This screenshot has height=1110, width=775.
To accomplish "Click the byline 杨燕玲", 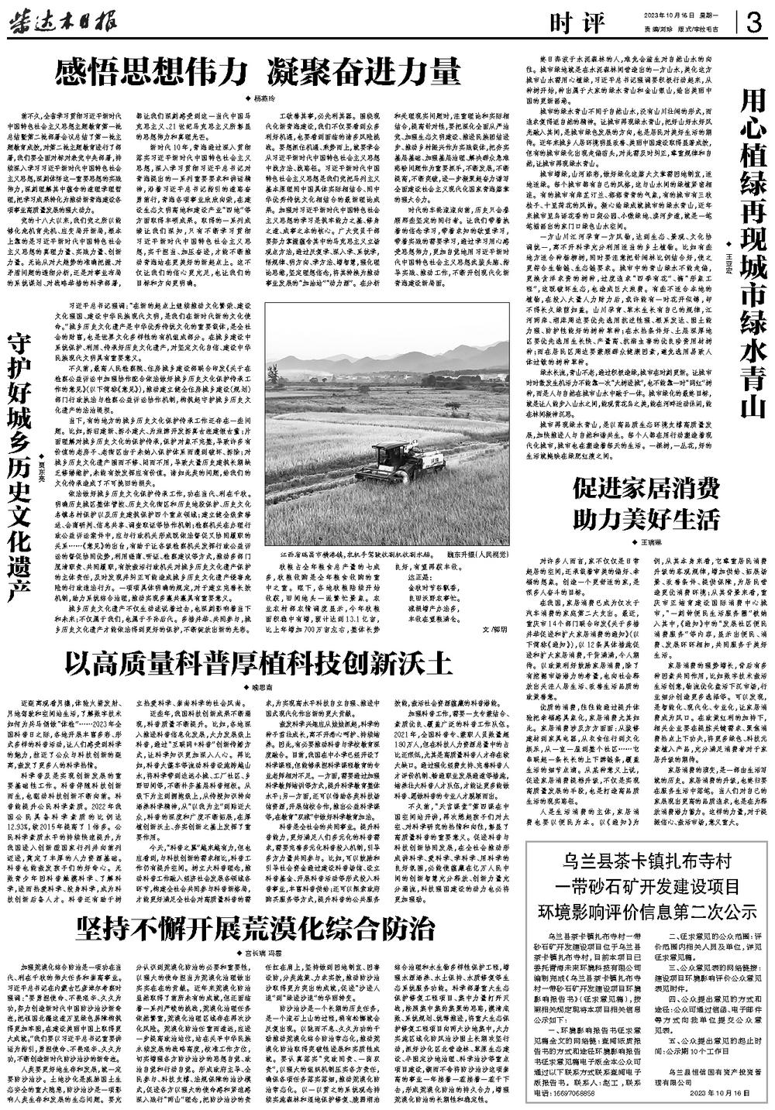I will [x=263, y=98].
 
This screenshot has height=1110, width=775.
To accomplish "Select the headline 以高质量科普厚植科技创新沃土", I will [x=257, y=663].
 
